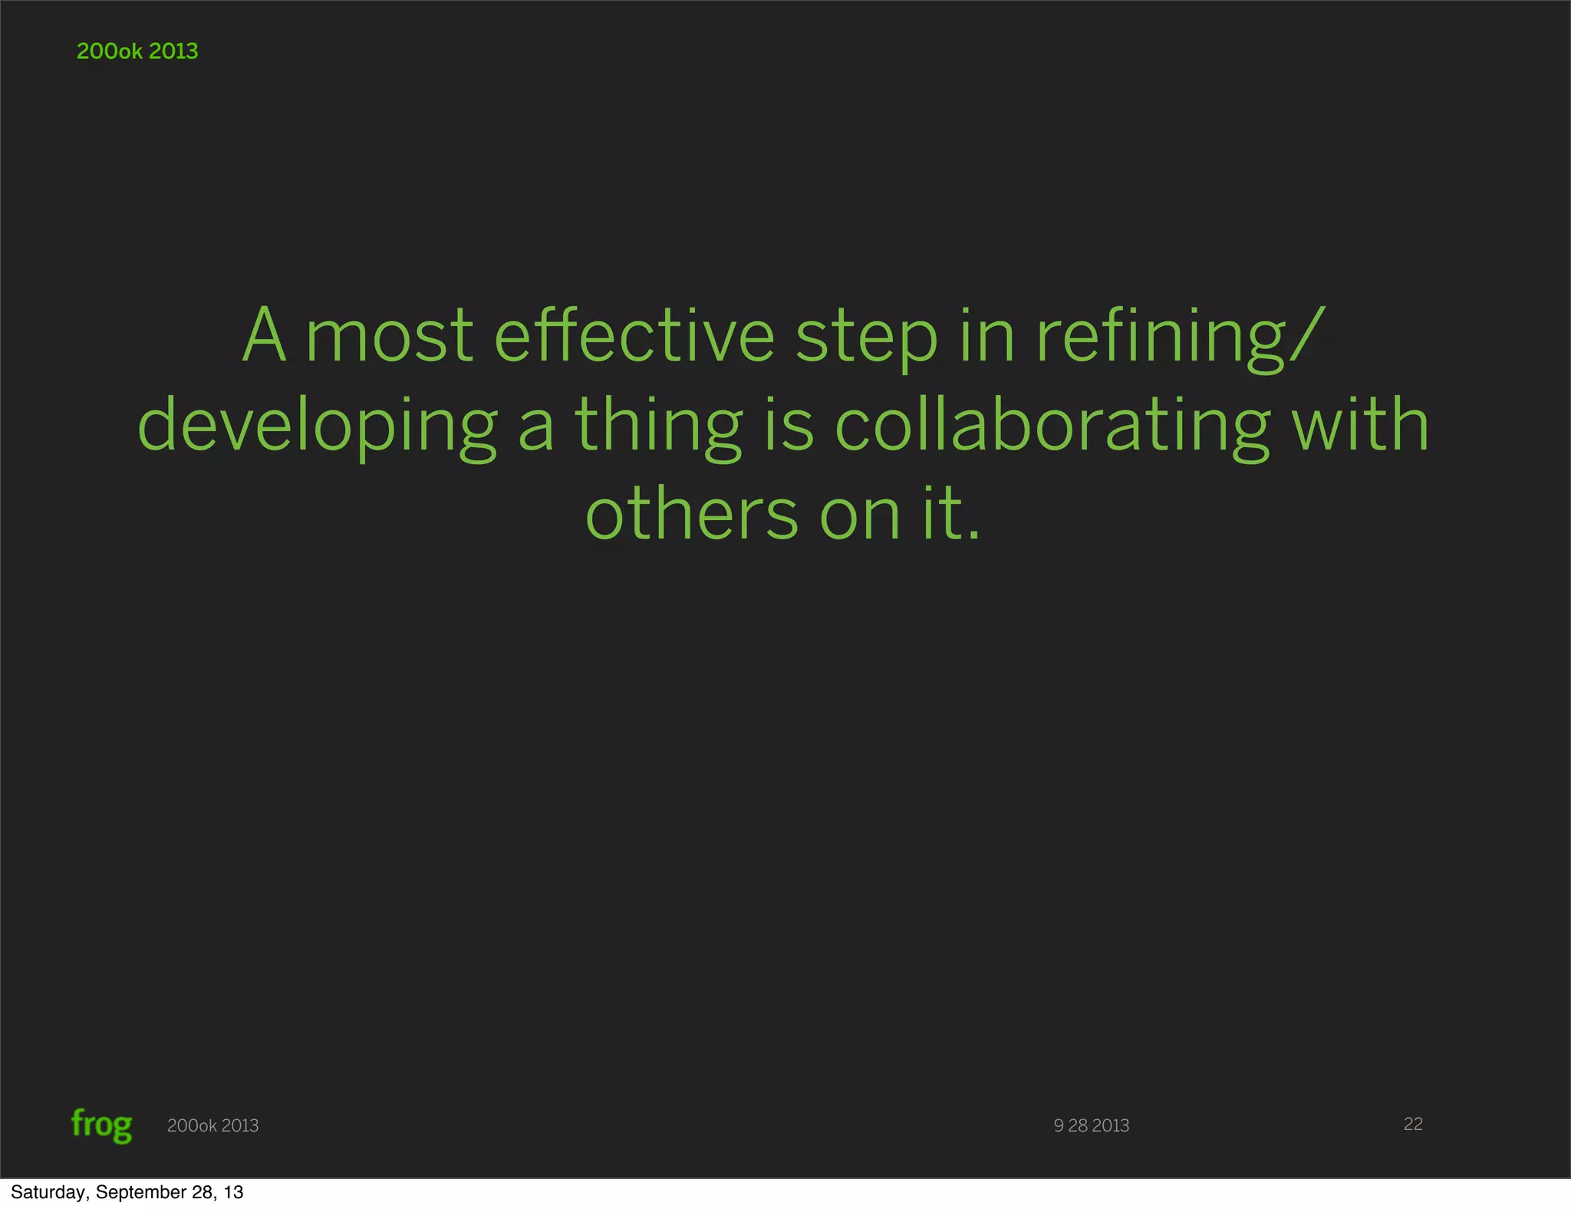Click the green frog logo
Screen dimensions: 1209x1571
click(x=101, y=1125)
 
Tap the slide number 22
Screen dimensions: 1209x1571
click(x=1413, y=1124)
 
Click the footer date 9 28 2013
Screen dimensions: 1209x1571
click(x=1091, y=1125)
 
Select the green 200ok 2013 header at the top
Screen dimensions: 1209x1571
click(x=137, y=51)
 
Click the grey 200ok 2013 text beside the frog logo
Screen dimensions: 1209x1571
click(x=212, y=1125)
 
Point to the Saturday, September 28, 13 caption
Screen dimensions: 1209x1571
click(x=127, y=1192)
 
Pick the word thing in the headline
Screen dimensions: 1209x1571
click(x=658, y=427)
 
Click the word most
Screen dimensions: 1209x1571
click(x=390, y=338)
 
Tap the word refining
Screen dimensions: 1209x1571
click(x=1161, y=338)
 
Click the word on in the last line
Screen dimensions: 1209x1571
click(x=860, y=516)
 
